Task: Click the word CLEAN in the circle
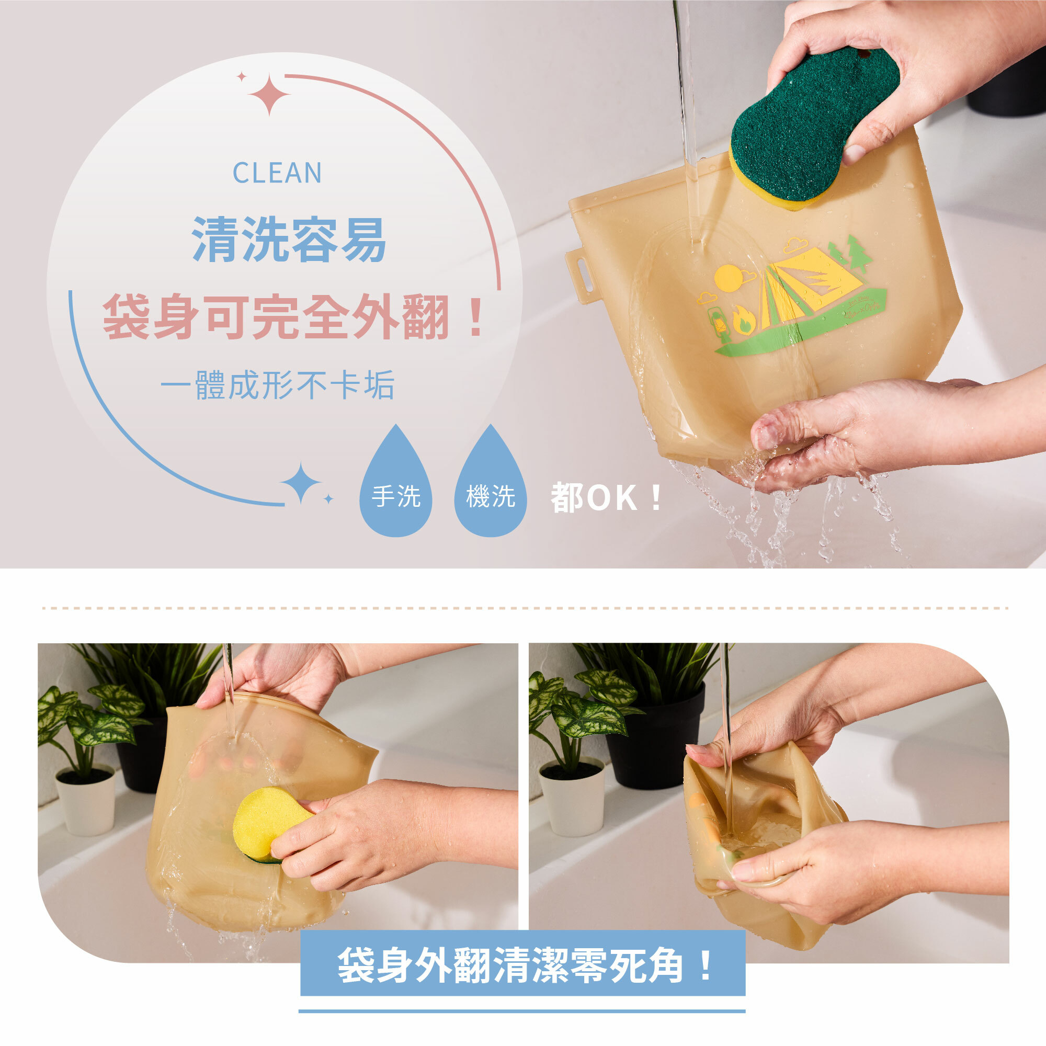(277, 173)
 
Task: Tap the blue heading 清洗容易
(289, 240)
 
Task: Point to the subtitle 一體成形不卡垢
(277, 385)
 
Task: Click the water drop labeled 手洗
(396, 490)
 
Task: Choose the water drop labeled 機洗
(490, 490)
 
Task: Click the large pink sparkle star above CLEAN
(269, 95)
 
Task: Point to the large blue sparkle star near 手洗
(301, 482)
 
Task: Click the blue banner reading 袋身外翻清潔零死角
(522, 965)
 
